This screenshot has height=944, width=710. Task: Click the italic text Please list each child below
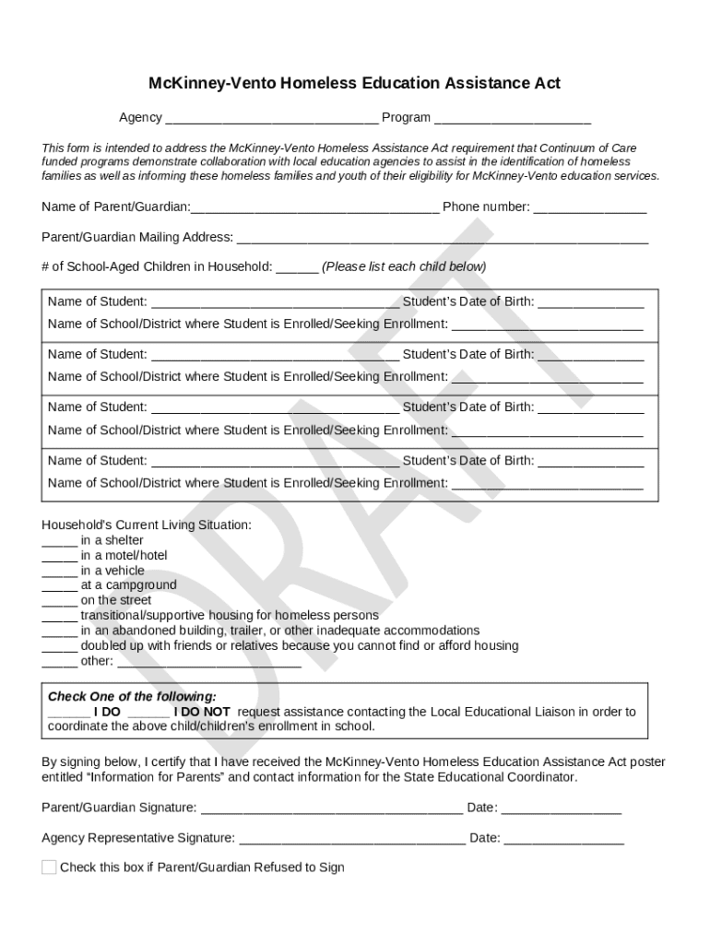[403, 266]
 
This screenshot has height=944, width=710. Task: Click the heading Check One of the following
[132, 697]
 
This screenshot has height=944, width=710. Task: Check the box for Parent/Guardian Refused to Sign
[49, 867]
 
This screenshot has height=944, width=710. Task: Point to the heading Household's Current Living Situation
[146, 525]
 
